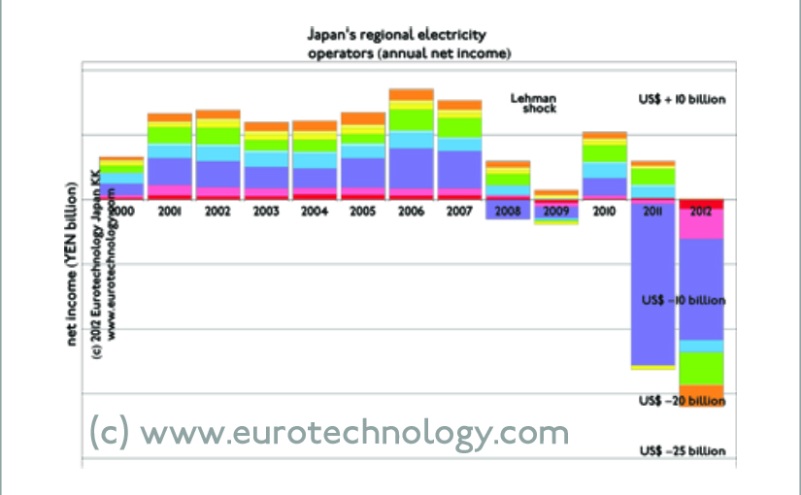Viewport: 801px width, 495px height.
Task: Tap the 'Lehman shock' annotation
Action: [x=533, y=104]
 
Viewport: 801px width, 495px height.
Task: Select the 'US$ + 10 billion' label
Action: [x=682, y=100]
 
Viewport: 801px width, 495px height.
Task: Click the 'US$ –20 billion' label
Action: [x=682, y=401]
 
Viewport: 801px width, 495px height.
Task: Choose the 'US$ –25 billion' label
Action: [x=682, y=451]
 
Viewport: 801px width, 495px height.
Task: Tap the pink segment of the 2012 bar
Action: [x=701, y=223]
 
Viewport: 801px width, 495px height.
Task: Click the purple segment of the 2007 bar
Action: [x=458, y=169]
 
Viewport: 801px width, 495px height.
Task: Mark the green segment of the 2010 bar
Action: [x=604, y=152]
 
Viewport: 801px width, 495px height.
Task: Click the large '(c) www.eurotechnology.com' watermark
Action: [x=328, y=430]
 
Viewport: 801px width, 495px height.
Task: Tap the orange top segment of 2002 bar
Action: [x=217, y=115]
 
